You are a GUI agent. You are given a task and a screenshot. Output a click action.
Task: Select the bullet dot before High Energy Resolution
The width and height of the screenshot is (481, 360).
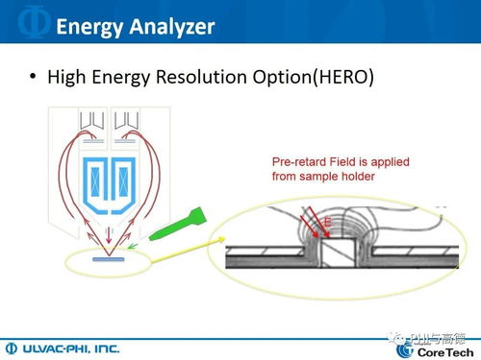34,78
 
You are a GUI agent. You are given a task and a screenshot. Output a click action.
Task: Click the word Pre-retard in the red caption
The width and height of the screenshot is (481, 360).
293,163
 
